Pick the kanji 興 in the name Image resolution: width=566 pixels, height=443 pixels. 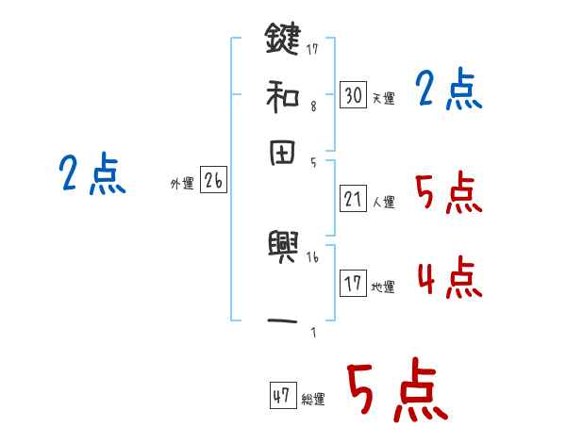(x=282, y=247)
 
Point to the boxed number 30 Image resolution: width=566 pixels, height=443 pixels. (x=353, y=94)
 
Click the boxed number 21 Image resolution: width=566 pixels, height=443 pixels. (x=353, y=198)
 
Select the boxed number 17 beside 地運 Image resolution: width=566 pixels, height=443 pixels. (x=353, y=283)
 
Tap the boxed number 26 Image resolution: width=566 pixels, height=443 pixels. (x=213, y=181)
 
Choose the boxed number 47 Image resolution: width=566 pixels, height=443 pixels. (x=282, y=396)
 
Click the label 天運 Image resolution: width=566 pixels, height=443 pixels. (x=383, y=98)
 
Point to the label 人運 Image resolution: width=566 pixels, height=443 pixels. (x=383, y=202)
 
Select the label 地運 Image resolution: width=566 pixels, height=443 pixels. (x=383, y=287)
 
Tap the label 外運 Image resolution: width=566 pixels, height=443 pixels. (x=182, y=185)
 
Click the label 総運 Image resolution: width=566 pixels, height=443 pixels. (x=312, y=400)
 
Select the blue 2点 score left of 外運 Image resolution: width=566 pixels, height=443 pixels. (x=92, y=174)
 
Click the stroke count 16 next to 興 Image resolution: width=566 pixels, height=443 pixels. (x=313, y=256)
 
